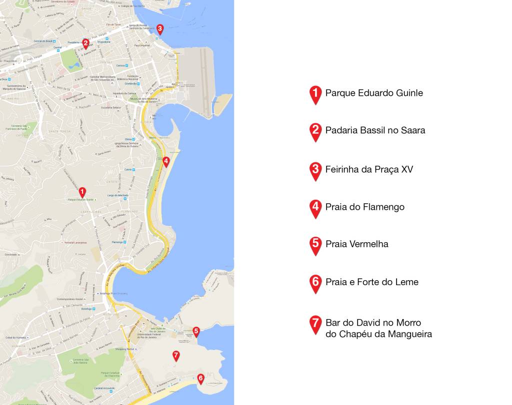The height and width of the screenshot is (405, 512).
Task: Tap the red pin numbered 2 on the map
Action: (85, 44)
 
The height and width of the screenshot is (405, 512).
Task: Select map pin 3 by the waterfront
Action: (159, 29)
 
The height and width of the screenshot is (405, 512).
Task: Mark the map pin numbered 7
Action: (175, 356)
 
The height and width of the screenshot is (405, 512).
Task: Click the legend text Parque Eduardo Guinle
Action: (374, 93)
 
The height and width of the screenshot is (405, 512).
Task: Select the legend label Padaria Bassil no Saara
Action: (375, 130)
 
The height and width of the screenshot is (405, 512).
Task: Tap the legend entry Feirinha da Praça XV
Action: (369, 169)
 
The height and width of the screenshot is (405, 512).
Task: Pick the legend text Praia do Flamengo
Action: (364, 207)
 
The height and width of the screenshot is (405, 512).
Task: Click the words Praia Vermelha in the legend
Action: (356, 244)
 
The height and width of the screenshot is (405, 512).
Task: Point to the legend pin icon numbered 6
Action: (315, 283)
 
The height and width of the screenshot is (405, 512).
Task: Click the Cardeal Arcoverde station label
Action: (105, 388)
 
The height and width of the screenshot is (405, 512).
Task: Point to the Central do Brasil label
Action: (43, 41)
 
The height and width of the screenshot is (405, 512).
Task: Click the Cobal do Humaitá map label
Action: (14, 338)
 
